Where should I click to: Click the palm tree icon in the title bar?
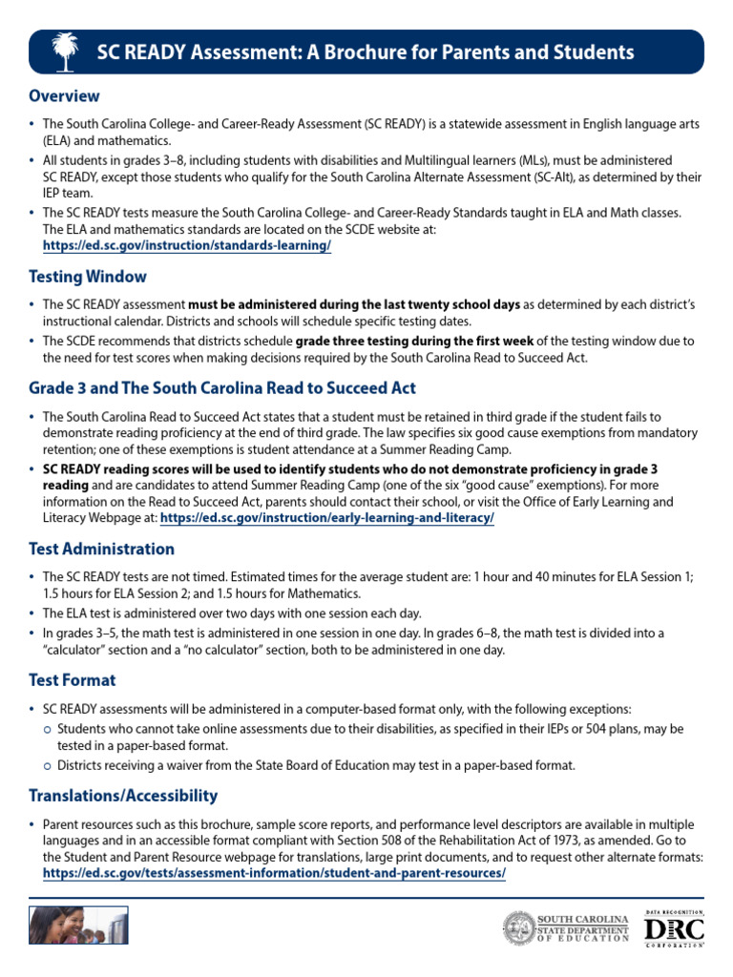pos(65,52)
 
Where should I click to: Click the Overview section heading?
pos(64,96)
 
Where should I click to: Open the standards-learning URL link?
pos(187,245)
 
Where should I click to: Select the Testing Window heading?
pos(88,277)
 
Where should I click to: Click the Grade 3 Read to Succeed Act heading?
pos(221,388)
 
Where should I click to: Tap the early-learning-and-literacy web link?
pos(327,517)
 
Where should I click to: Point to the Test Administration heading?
pos(101,549)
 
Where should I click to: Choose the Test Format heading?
pos(73,680)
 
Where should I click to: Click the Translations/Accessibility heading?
pos(123,795)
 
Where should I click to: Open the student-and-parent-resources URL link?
pos(274,873)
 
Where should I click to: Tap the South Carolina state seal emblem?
pos(520,928)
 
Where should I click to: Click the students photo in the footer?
pos(78,925)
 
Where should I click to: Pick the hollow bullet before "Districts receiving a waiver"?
pos(49,765)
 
